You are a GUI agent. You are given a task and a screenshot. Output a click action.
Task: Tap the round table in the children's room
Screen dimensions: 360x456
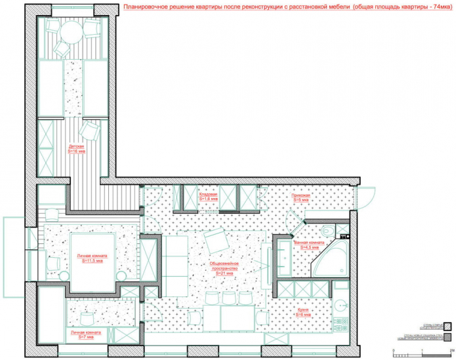(x=70, y=30)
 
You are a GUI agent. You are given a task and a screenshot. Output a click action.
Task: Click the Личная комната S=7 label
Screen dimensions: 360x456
(x=86, y=334)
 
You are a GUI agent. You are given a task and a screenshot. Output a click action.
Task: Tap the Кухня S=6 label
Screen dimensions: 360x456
(x=303, y=313)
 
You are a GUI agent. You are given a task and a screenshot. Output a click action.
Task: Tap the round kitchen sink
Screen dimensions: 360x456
(x=342, y=305)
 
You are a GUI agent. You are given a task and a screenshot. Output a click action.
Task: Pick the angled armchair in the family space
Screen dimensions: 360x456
(x=216, y=243)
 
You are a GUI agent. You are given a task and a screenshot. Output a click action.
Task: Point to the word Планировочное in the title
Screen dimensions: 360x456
(x=141, y=9)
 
